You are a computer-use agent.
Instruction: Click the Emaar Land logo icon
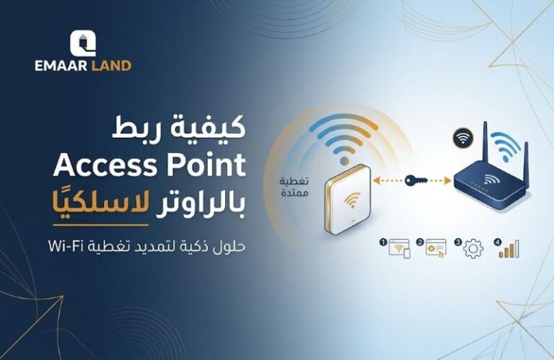click(x=82, y=43)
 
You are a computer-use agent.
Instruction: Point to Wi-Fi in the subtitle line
click(x=64, y=246)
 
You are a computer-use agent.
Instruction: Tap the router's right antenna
click(x=527, y=154)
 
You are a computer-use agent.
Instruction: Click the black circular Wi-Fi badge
click(x=460, y=136)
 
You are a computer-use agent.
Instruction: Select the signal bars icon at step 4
click(x=509, y=249)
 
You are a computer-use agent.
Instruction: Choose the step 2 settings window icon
click(x=436, y=247)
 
